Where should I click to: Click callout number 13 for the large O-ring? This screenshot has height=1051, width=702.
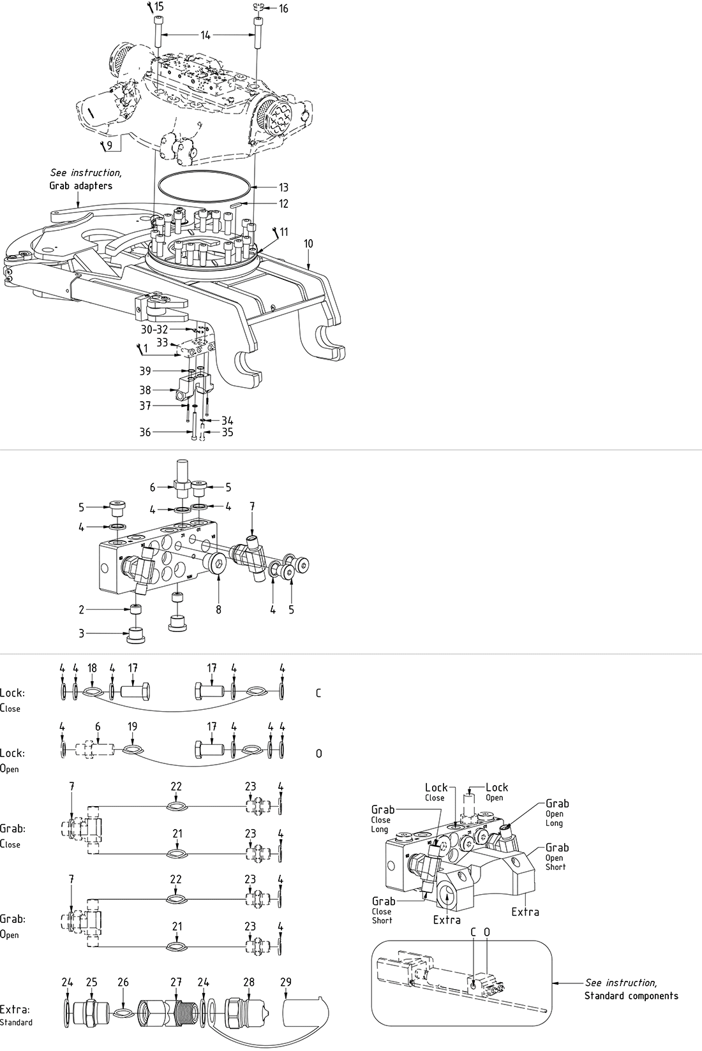[x=283, y=187]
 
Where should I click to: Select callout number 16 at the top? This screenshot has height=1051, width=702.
[x=283, y=8]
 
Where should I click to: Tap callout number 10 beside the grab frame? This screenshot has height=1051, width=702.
[x=308, y=244]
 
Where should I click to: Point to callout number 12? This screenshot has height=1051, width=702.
[x=283, y=204]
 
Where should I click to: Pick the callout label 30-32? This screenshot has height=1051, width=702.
[x=154, y=330]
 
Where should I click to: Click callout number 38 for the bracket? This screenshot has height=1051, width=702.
[x=146, y=390]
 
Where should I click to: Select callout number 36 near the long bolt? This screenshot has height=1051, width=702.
[x=146, y=432]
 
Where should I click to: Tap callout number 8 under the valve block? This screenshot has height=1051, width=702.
[x=218, y=610]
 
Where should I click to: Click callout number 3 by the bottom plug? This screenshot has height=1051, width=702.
[x=82, y=633]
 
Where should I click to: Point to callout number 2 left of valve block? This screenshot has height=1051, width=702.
[x=82, y=610]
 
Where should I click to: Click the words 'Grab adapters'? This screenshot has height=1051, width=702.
[x=80, y=186]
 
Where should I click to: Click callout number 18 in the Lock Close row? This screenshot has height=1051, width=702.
[x=92, y=668]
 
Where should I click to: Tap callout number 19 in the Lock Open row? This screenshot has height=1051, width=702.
[x=132, y=726]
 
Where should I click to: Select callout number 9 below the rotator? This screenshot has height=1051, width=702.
[x=110, y=145]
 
